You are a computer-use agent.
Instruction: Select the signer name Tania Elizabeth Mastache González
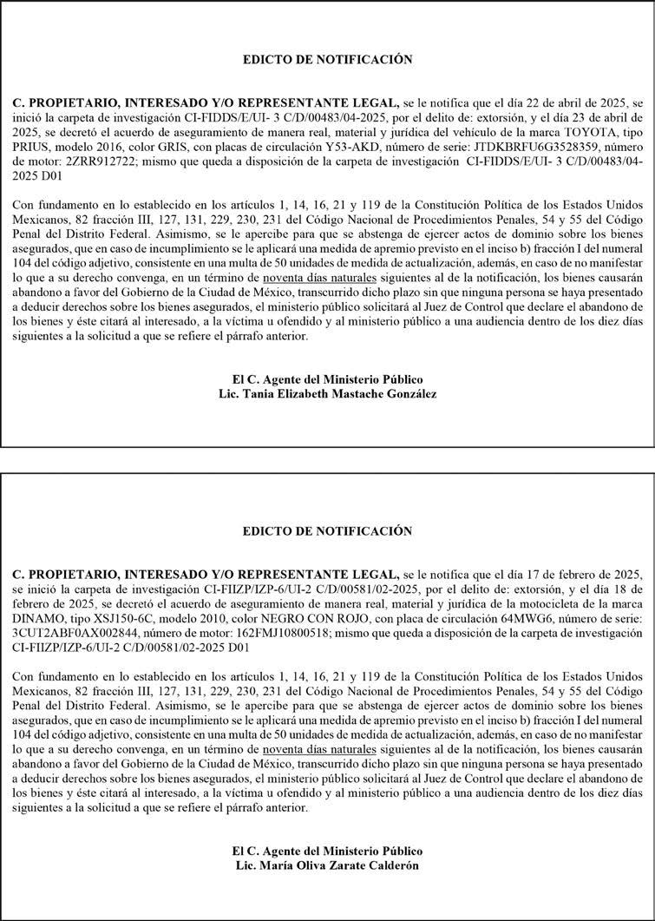pos(340,393)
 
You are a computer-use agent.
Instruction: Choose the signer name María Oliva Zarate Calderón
pos(340,865)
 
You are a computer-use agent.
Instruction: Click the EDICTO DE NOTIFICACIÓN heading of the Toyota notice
pos(327,60)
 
